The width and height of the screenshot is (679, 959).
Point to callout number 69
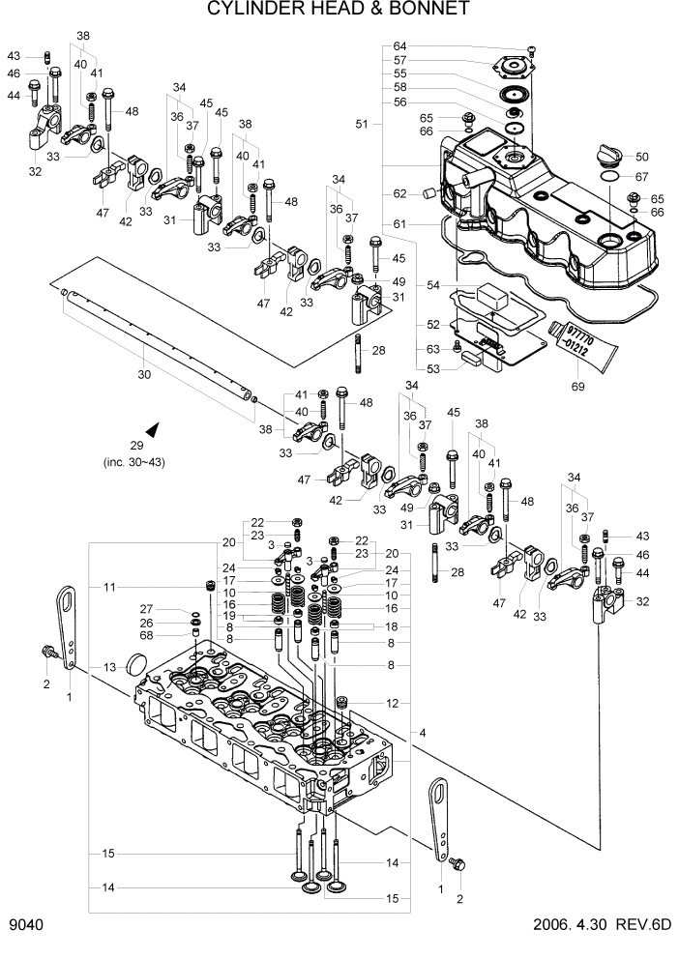[x=578, y=386]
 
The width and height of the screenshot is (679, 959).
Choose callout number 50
[x=641, y=157]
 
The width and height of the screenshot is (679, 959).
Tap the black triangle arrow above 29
[x=151, y=427]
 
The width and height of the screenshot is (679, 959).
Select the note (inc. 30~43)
[x=137, y=462]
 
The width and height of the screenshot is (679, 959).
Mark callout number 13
[x=109, y=667]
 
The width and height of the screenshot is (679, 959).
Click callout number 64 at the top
[x=399, y=46]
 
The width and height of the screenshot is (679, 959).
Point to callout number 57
[x=399, y=60]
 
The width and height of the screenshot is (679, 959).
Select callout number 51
[x=363, y=124]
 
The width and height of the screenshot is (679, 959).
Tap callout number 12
[x=391, y=703]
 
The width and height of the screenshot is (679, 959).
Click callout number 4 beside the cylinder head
[x=423, y=732]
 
